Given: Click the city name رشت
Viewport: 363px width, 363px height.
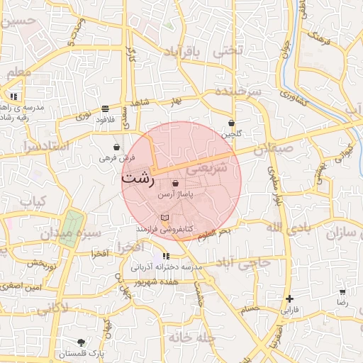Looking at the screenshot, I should pos(136,178).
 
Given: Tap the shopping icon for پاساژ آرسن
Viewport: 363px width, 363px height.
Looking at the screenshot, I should pos(175,184).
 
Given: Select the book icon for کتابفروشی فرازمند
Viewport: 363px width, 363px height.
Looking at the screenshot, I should pos(165,217).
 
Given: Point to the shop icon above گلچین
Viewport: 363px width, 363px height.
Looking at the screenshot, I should pos(232,123).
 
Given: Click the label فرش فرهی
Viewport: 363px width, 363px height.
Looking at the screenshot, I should pos(112,157).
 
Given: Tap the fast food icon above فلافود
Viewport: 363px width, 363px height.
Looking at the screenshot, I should pos(105,108).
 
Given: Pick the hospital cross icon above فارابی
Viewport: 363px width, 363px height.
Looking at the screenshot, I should pos(289,298).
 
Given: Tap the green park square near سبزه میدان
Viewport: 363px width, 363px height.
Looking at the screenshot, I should pos(69,228).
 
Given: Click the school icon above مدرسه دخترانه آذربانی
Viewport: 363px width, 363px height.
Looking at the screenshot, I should pos(166,256).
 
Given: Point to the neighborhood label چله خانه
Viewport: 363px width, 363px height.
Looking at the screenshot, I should pos(186,338).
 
